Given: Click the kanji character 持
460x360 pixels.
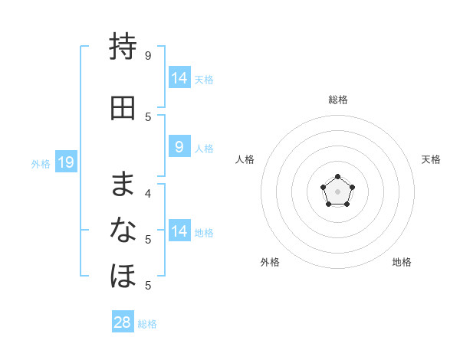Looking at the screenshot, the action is coord(123,46).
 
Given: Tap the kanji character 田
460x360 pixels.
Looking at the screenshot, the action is coord(123,108).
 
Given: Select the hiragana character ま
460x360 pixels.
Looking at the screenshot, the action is coord(123,184).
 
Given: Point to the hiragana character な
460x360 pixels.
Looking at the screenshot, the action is coord(123,230).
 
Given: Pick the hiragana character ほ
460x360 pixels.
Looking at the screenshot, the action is coord(123,276).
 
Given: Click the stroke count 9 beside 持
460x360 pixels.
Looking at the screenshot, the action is coord(148,56).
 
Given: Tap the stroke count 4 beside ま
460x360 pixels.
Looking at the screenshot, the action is coord(148,194).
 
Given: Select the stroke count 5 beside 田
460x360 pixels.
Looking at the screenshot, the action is coord(148,117).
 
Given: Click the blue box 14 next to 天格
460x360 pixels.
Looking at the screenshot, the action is coord(179,77).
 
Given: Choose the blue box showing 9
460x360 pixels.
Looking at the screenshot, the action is coord(179,146).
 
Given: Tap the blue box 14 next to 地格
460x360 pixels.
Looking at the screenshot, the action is coord(179,230).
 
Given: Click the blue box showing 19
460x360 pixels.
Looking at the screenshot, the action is coord(66,162).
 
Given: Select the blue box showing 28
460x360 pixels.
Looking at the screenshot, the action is coord(123,321).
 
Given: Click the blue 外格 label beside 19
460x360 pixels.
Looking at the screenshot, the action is coord(41,164).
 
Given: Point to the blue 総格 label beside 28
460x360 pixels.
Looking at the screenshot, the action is coord(147,324).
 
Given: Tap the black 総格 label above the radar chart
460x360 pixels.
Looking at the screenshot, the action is coord(338,100).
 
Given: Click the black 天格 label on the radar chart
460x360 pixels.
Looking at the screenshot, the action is coord(431,159).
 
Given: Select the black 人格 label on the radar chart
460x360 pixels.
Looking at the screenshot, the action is coord(245,159).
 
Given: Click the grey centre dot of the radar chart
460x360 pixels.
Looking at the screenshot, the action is coord(337,191).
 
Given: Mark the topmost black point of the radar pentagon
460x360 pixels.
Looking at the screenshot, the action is coord(337,176).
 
